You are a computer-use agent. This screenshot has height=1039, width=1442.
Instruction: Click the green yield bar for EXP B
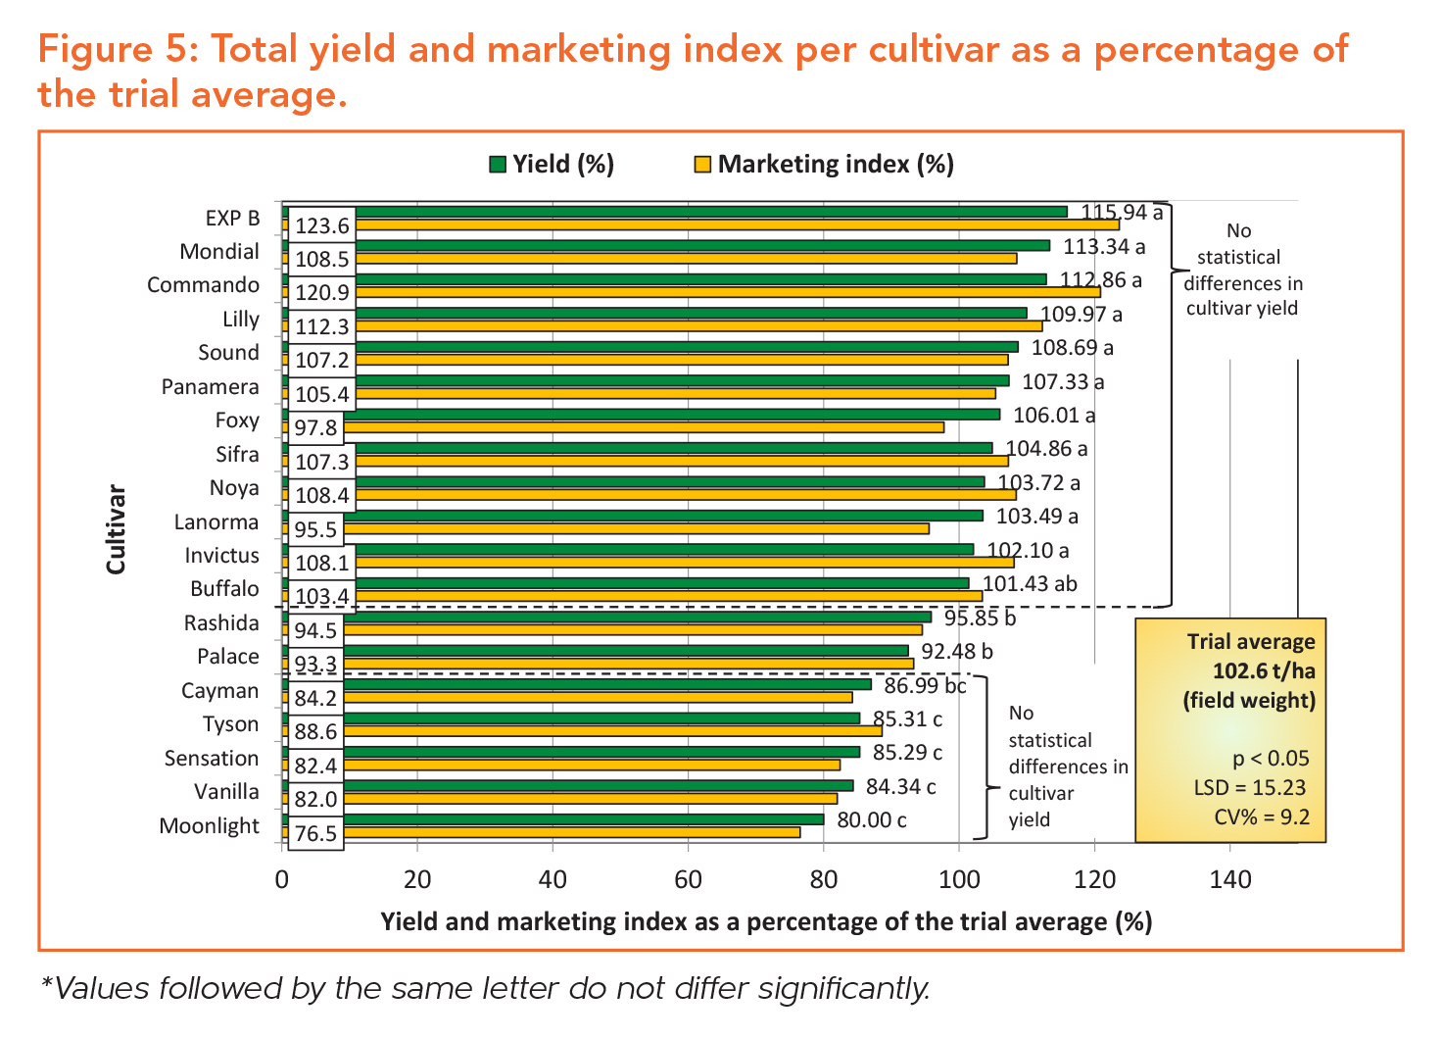[x=705, y=212]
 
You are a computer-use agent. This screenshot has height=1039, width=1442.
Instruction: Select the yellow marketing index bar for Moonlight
[x=568, y=832]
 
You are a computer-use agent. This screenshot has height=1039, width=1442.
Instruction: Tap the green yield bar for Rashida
[x=637, y=617]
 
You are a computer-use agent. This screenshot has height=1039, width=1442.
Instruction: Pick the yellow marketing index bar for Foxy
[x=647, y=427]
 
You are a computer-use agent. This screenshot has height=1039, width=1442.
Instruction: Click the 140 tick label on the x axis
[x=1230, y=879]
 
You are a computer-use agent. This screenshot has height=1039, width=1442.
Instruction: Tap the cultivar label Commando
[x=204, y=285]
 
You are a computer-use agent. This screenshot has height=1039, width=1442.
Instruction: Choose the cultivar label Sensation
[x=212, y=759]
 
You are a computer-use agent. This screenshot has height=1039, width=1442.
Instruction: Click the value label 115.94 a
[x=1122, y=213]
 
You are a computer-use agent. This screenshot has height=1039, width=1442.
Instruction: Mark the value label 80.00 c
[x=872, y=819]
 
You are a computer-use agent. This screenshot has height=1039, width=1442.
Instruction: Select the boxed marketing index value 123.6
[x=322, y=226]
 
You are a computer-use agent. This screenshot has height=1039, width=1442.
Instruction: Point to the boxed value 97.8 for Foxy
[x=315, y=428]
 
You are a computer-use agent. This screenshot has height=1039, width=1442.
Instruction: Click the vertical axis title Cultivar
[x=117, y=528]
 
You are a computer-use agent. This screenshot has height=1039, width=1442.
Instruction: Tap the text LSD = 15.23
[x=1249, y=788]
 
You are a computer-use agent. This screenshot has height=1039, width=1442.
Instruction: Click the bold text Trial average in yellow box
[x=1251, y=642]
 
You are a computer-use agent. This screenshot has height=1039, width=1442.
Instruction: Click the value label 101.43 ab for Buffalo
[x=1030, y=584]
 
